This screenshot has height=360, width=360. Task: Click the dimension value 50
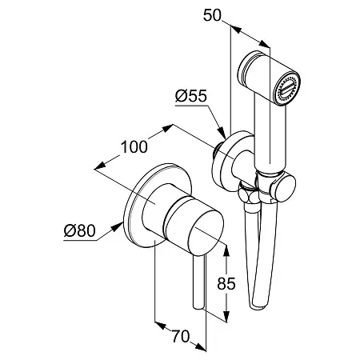212,15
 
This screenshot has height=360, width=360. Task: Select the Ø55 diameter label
191,96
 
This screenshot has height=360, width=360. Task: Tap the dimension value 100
134,147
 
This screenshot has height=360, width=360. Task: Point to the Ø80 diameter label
79,230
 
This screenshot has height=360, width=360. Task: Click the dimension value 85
226,283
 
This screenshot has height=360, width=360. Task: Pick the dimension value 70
181,336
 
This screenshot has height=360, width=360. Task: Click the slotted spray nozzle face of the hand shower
288,90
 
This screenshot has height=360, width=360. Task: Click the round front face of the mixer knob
206,231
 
